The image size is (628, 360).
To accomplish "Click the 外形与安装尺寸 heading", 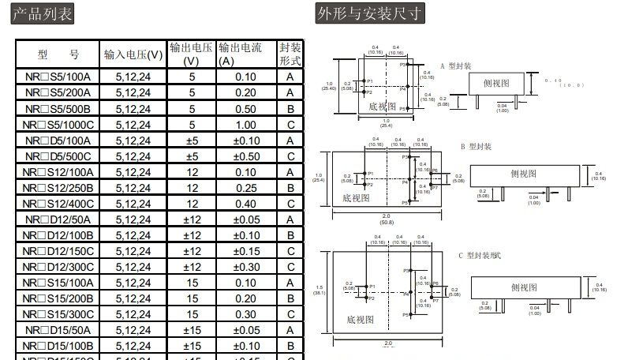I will [x=368, y=13].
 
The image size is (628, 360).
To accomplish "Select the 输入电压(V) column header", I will [x=133, y=54].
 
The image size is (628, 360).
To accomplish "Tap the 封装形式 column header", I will [x=290, y=54].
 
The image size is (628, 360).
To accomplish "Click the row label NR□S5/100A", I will [x=58, y=77].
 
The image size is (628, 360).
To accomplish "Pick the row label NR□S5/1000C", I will [x=58, y=125].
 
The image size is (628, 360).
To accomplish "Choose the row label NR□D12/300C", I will [x=58, y=267].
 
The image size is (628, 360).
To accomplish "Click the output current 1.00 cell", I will [x=245, y=125].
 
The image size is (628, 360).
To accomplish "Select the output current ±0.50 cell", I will [x=245, y=156].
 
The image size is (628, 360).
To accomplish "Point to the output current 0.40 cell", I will [x=245, y=204].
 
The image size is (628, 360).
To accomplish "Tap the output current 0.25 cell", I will [x=245, y=188].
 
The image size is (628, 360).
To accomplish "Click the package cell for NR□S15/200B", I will [x=290, y=298].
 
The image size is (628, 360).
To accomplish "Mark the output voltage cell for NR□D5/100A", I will [x=191, y=141].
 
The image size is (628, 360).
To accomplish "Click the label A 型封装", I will [x=456, y=66].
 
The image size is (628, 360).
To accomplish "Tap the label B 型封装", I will [x=476, y=147].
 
